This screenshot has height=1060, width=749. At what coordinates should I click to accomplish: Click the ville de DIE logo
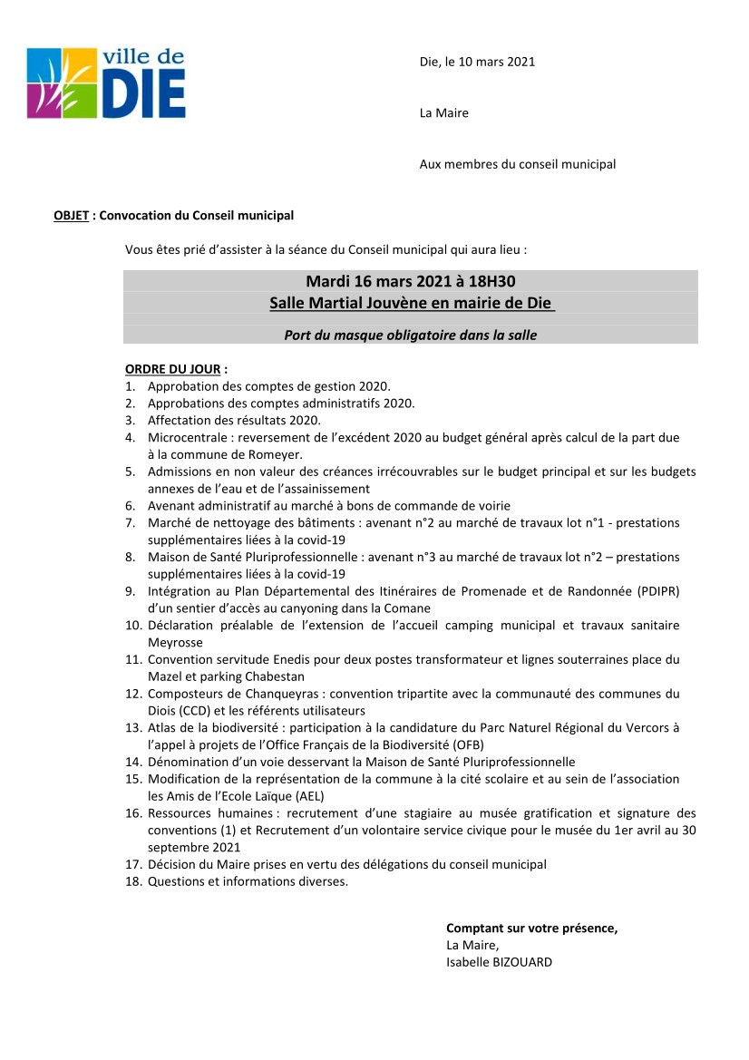point(106,83)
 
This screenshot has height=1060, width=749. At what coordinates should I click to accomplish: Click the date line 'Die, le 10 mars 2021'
point(477,62)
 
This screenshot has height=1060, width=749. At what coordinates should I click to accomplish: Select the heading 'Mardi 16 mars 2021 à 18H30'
point(410,281)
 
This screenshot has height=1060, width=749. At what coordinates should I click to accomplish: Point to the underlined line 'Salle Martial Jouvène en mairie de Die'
point(411,303)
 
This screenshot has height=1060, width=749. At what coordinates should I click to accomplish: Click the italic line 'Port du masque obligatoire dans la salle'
point(410,335)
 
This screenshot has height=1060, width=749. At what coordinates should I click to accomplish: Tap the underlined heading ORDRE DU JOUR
point(173,369)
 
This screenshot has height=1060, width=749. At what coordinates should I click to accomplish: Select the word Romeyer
point(277,454)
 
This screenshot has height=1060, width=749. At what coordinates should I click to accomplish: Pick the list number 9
point(130,591)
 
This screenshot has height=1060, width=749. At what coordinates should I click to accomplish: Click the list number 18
point(133,881)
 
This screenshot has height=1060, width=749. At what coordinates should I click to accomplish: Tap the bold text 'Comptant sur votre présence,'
point(531,929)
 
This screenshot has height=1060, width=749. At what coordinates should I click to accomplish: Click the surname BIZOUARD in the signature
point(522,962)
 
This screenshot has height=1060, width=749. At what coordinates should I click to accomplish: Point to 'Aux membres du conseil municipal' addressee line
point(517,164)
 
